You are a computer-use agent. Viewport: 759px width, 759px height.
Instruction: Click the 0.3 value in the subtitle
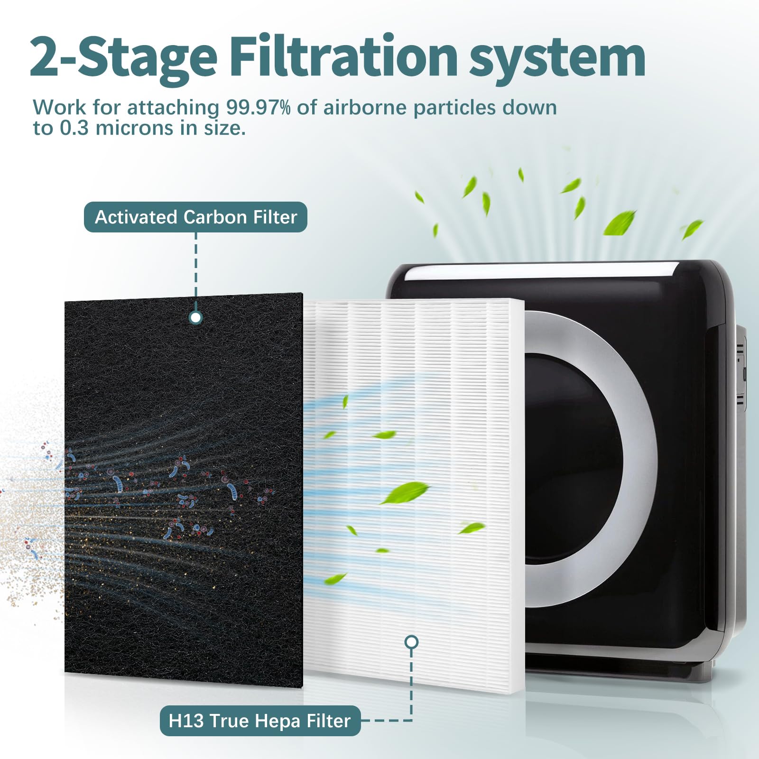[x=72, y=128]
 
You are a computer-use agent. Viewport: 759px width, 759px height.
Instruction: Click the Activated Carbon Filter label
[x=195, y=217]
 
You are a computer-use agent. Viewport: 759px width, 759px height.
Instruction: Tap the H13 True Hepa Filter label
[x=260, y=721]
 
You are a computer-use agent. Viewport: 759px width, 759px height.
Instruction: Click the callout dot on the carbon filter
[x=195, y=317]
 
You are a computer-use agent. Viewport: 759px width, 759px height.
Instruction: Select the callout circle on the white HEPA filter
[x=412, y=642]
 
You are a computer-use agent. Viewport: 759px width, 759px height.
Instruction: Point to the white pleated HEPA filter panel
[x=414, y=496]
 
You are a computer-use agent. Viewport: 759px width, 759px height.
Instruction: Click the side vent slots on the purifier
[x=740, y=375]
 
